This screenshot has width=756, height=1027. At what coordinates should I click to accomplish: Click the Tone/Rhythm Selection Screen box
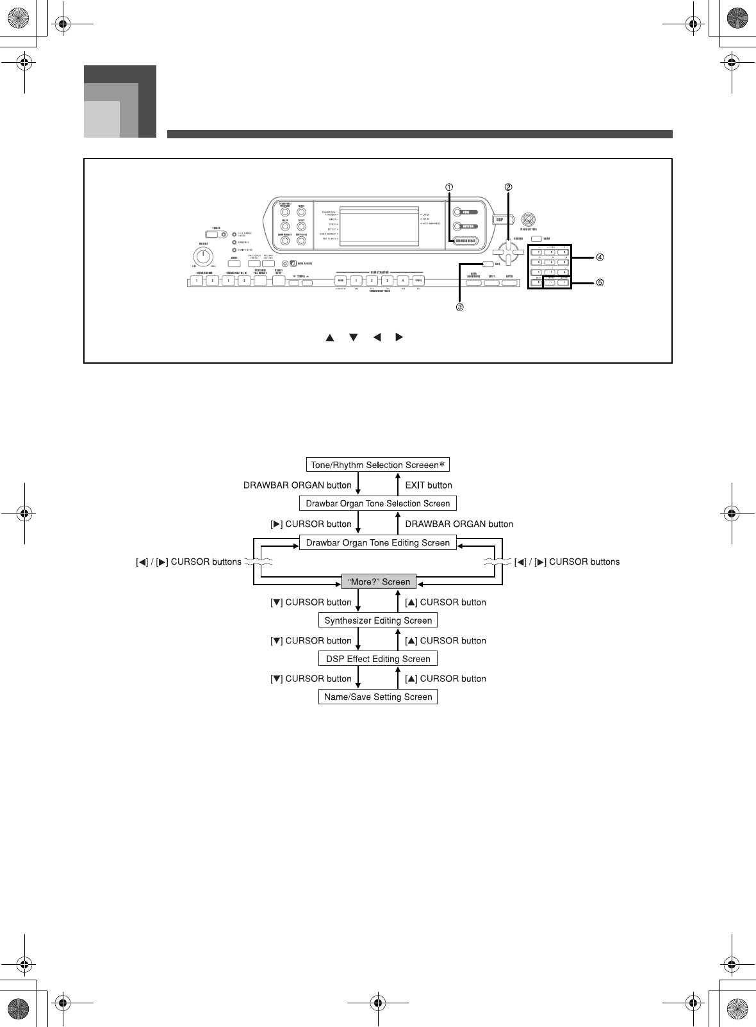tap(377, 465)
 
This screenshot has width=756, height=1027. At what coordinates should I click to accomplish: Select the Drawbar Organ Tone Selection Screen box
tap(377, 503)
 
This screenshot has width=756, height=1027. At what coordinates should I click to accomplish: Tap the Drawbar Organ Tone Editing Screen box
tap(377, 543)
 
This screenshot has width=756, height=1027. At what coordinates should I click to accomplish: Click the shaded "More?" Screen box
tap(378, 582)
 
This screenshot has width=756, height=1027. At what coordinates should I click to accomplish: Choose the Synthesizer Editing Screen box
tap(378, 620)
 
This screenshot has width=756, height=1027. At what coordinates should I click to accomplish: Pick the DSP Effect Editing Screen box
tap(377, 659)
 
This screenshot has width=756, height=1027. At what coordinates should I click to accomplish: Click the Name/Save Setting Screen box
tap(377, 697)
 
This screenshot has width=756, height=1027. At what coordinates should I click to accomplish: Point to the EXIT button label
tap(429, 485)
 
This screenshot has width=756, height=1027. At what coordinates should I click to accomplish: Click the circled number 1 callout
tap(450, 187)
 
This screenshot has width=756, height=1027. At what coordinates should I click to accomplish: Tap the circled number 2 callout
tap(508, 187)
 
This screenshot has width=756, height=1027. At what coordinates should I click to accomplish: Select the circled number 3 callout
tap(459, 307)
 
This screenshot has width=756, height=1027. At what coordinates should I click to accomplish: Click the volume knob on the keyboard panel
tap(202, 257)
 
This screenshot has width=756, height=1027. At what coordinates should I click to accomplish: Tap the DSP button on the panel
tap(500, 219)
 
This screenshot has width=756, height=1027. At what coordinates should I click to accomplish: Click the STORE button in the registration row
tap(418, 280)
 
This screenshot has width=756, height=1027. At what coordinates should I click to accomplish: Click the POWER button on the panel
tap(217, 234)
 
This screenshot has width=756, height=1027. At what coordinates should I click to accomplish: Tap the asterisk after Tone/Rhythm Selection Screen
tap(442, 464)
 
